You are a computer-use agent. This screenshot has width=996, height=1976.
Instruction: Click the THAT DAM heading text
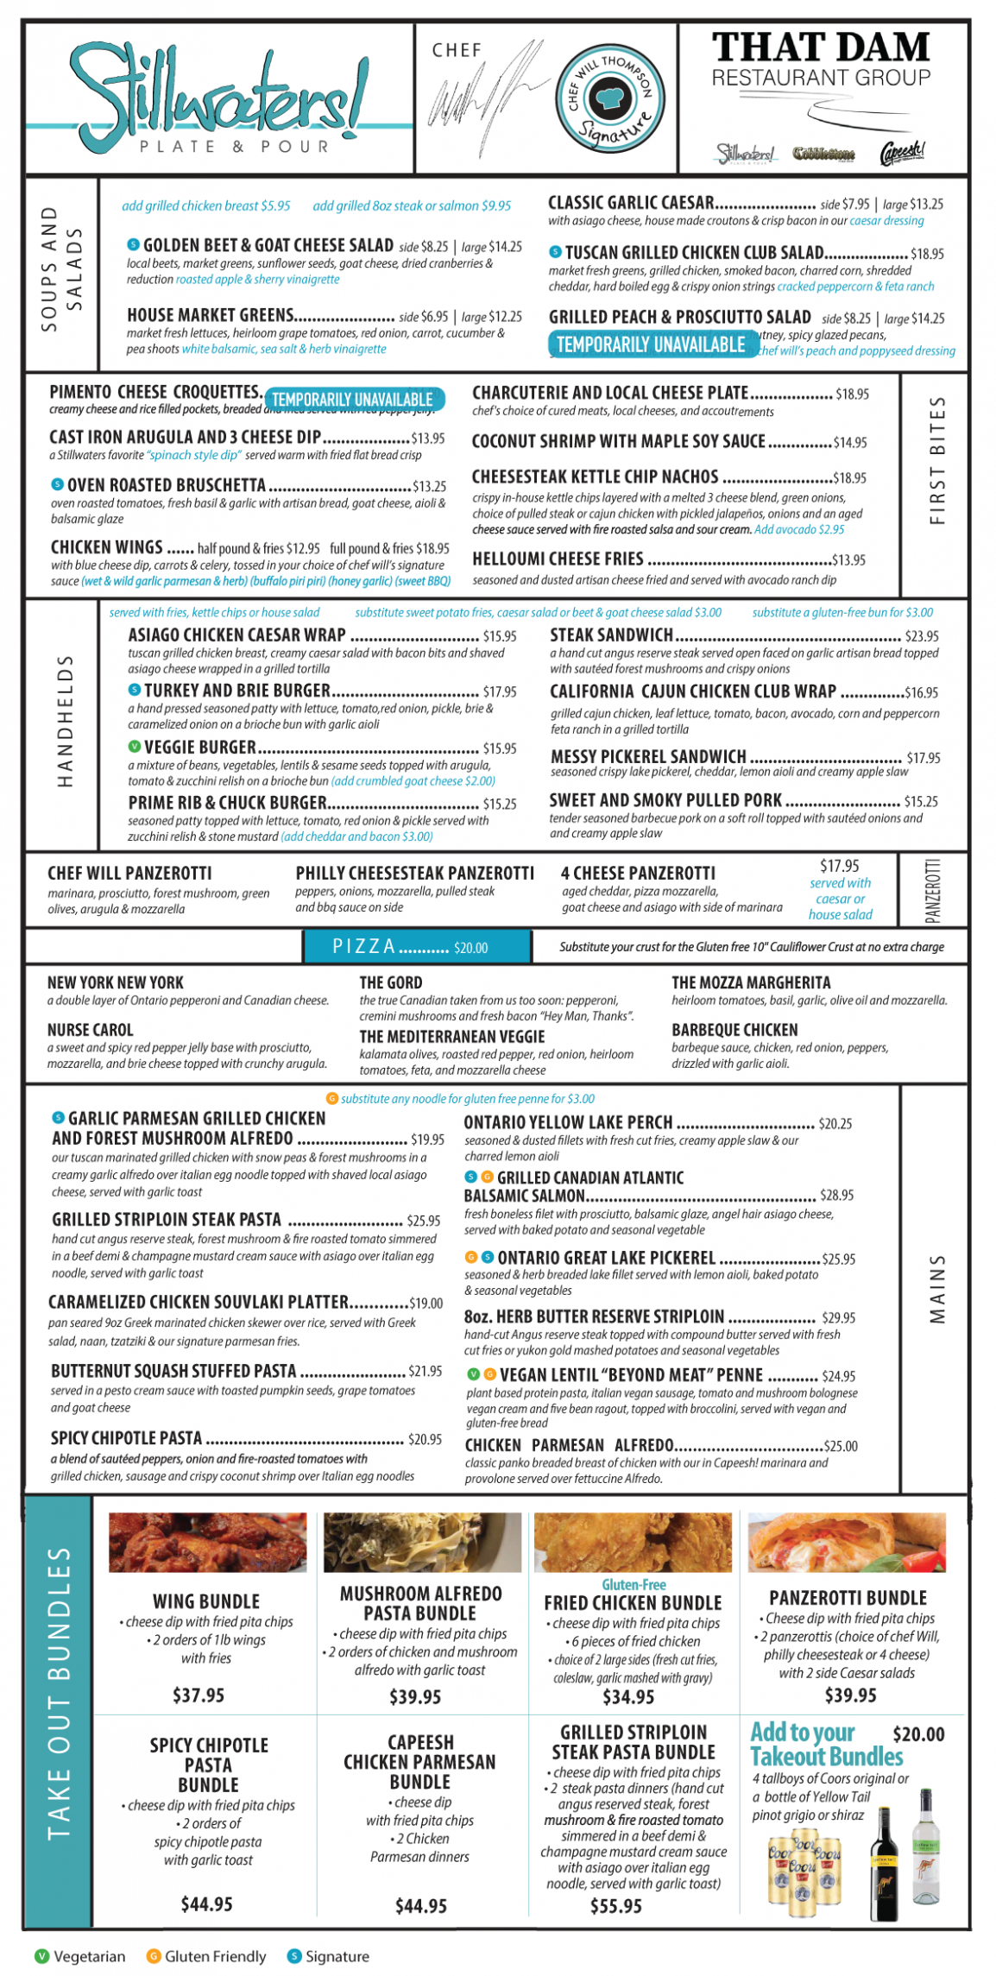point(821,47)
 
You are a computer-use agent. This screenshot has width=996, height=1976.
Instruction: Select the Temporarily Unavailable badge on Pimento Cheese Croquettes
point(353,399)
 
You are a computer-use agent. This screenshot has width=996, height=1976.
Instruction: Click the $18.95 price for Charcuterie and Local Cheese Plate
point(852,395)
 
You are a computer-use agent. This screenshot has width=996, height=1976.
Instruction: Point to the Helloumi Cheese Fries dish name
point(558,559)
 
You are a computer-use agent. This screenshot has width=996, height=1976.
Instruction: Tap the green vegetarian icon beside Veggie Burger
point(135,747)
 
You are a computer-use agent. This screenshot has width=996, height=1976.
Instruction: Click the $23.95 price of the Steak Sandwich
point(922,636)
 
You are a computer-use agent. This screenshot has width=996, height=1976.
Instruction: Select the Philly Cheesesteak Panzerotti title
point(414,874)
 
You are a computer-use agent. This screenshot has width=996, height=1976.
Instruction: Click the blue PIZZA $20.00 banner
point(417,947)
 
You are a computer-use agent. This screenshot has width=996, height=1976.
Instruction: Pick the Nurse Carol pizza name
point(91,1030)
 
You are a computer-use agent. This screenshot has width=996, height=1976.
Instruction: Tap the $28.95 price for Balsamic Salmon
point(836,1196)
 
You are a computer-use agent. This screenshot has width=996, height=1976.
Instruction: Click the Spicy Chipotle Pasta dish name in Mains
point(126,1438)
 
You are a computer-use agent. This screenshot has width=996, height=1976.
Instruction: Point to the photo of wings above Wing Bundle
point(207,1542)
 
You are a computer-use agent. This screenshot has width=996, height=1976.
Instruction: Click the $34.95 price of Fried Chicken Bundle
point(628,1697)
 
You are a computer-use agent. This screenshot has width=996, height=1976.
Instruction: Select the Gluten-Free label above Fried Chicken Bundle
point(634,1585)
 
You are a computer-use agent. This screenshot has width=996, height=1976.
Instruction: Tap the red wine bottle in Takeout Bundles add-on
point(884,1864)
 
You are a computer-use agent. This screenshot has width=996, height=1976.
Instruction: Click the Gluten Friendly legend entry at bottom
point(206,1956)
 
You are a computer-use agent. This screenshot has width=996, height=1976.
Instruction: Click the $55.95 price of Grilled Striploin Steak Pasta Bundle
point(616,1906)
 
